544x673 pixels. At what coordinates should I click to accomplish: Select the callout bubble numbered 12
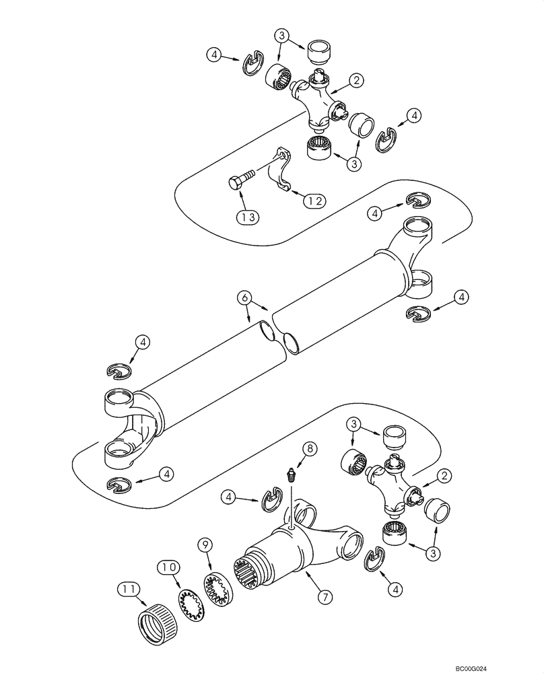pos(314,201)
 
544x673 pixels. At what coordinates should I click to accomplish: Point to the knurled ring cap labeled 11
pos(161,617)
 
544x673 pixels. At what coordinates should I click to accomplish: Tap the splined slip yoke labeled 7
pos(296,545)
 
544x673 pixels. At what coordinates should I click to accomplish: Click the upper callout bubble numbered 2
pos(355,81)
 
